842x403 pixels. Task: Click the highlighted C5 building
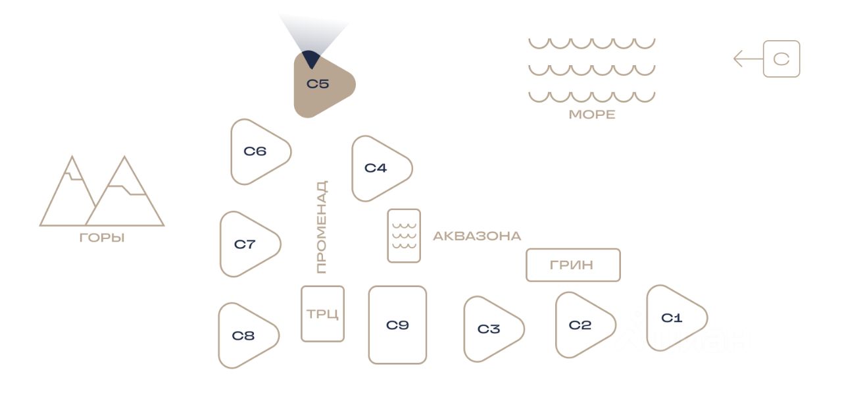pos(320,85)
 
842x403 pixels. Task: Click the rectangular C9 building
pos(398,325)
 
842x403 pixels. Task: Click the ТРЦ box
pos(322,314)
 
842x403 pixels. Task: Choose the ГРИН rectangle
pos(573,265)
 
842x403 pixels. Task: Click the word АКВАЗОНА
pos(477,236)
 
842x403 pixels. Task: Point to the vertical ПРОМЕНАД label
pos(322,227)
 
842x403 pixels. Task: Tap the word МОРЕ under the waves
pos(592,115)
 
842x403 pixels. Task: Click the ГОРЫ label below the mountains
pos(102,238)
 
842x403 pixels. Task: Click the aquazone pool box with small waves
pos(404,236)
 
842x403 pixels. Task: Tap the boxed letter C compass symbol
pos(781,59)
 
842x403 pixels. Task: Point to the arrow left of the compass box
pos(749,59)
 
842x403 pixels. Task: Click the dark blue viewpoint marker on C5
pos(311,59)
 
